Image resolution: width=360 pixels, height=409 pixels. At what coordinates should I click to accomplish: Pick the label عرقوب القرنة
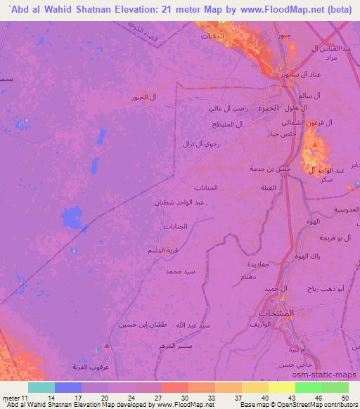pyautogui.click(x=89, y=366)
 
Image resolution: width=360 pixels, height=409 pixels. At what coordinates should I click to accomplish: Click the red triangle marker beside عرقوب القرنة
pyautogui.click(x=106, y=345)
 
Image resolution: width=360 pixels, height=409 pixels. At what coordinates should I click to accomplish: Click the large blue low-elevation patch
pyautogui.click(x=72, y=219)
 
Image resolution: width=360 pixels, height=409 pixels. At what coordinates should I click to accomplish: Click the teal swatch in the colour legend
pyautogui.click(x=41, y=387)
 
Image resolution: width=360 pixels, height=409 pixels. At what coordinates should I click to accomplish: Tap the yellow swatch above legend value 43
pyautogui.click(x=282, y=387)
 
